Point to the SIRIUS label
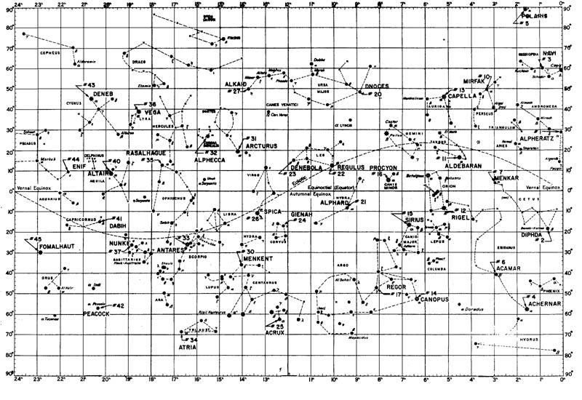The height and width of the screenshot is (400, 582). coord(415,219)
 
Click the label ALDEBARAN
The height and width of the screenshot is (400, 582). coord(464,166)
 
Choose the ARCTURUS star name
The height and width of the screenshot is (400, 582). coord(261,146)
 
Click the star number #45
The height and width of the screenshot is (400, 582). coord(34,239)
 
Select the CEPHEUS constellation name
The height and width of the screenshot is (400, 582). coord(36,52)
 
